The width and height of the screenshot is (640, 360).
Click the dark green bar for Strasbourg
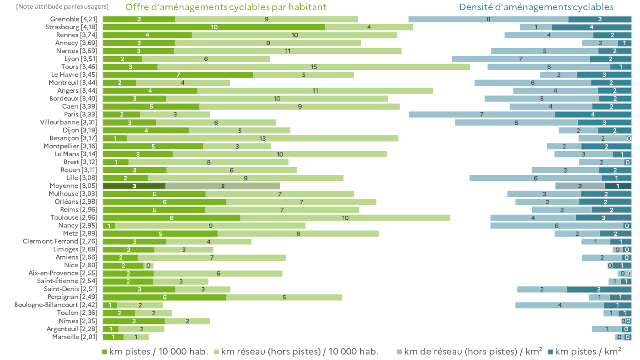coord(214,27)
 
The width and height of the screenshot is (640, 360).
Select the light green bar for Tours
coord(314,67)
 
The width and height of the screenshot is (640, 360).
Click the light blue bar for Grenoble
coord(488,19)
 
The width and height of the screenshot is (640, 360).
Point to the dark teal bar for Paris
coord(593,114)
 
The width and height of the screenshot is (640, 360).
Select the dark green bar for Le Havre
coord(178,74)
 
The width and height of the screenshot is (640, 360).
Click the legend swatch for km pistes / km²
coord(550,352)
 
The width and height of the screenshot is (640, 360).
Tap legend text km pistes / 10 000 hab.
coord(158,352)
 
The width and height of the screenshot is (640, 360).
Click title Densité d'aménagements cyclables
coord(536,7)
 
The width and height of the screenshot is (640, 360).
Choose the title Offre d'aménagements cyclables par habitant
coord(226,7)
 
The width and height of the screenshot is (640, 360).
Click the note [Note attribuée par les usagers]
coord(62,6)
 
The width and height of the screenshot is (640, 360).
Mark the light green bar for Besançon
coord(262,138)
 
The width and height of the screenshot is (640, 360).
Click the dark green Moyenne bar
coord(134,186)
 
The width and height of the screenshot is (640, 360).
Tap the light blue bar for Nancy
coord(557,226)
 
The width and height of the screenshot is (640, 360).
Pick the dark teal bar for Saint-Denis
coord(599,289)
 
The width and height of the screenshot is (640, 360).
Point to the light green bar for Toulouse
coord(345,217)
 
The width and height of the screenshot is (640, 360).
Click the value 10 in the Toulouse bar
coord(345,218)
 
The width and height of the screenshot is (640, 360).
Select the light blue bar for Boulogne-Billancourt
coord(560,305)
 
